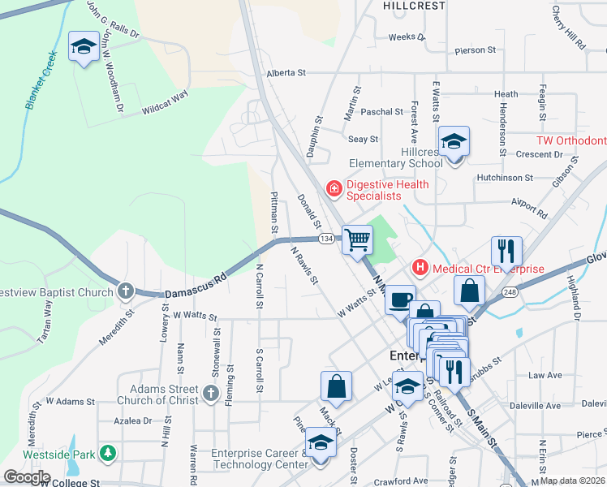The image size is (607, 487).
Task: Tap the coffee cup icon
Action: (399, 300)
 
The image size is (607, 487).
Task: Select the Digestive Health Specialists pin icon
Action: (333, 189)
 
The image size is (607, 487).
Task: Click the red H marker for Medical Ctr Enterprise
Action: (420, 266)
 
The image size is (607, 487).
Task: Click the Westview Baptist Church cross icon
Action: (125, 290)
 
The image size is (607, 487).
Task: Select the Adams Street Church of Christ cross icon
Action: (211, 394)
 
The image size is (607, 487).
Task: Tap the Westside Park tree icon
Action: (106, 453)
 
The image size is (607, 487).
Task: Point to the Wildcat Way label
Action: (165, 101)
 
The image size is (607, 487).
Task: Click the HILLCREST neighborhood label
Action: (414, 5)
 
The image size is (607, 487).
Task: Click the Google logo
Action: (27, 477)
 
